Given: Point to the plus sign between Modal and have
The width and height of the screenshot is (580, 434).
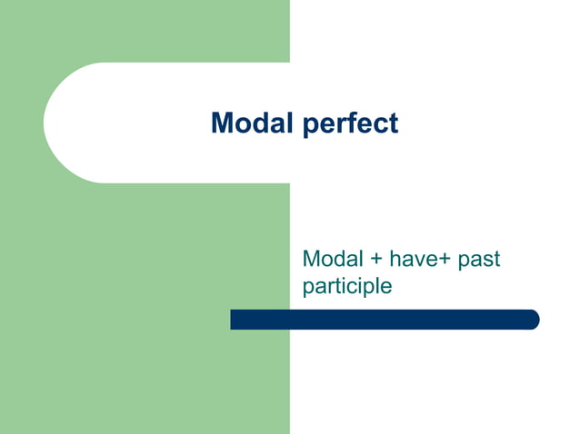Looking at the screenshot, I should coord(376,260).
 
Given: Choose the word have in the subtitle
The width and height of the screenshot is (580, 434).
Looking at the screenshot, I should coord(415,259).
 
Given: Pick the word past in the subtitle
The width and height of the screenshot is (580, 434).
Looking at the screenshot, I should coord(479,260).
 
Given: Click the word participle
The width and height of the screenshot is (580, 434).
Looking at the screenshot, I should coord(346,287).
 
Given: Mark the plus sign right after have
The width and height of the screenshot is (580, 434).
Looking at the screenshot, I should coord(445,260).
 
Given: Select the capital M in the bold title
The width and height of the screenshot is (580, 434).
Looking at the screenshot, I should coord(222,123).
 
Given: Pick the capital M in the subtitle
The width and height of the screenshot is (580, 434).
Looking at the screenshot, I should coord(311,259).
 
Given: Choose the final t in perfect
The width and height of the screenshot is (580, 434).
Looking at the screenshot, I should coord(394,123).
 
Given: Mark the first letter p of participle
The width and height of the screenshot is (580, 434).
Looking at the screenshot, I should coord(308,289).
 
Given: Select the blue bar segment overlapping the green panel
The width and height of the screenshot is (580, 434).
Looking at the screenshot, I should coord(260,320).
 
